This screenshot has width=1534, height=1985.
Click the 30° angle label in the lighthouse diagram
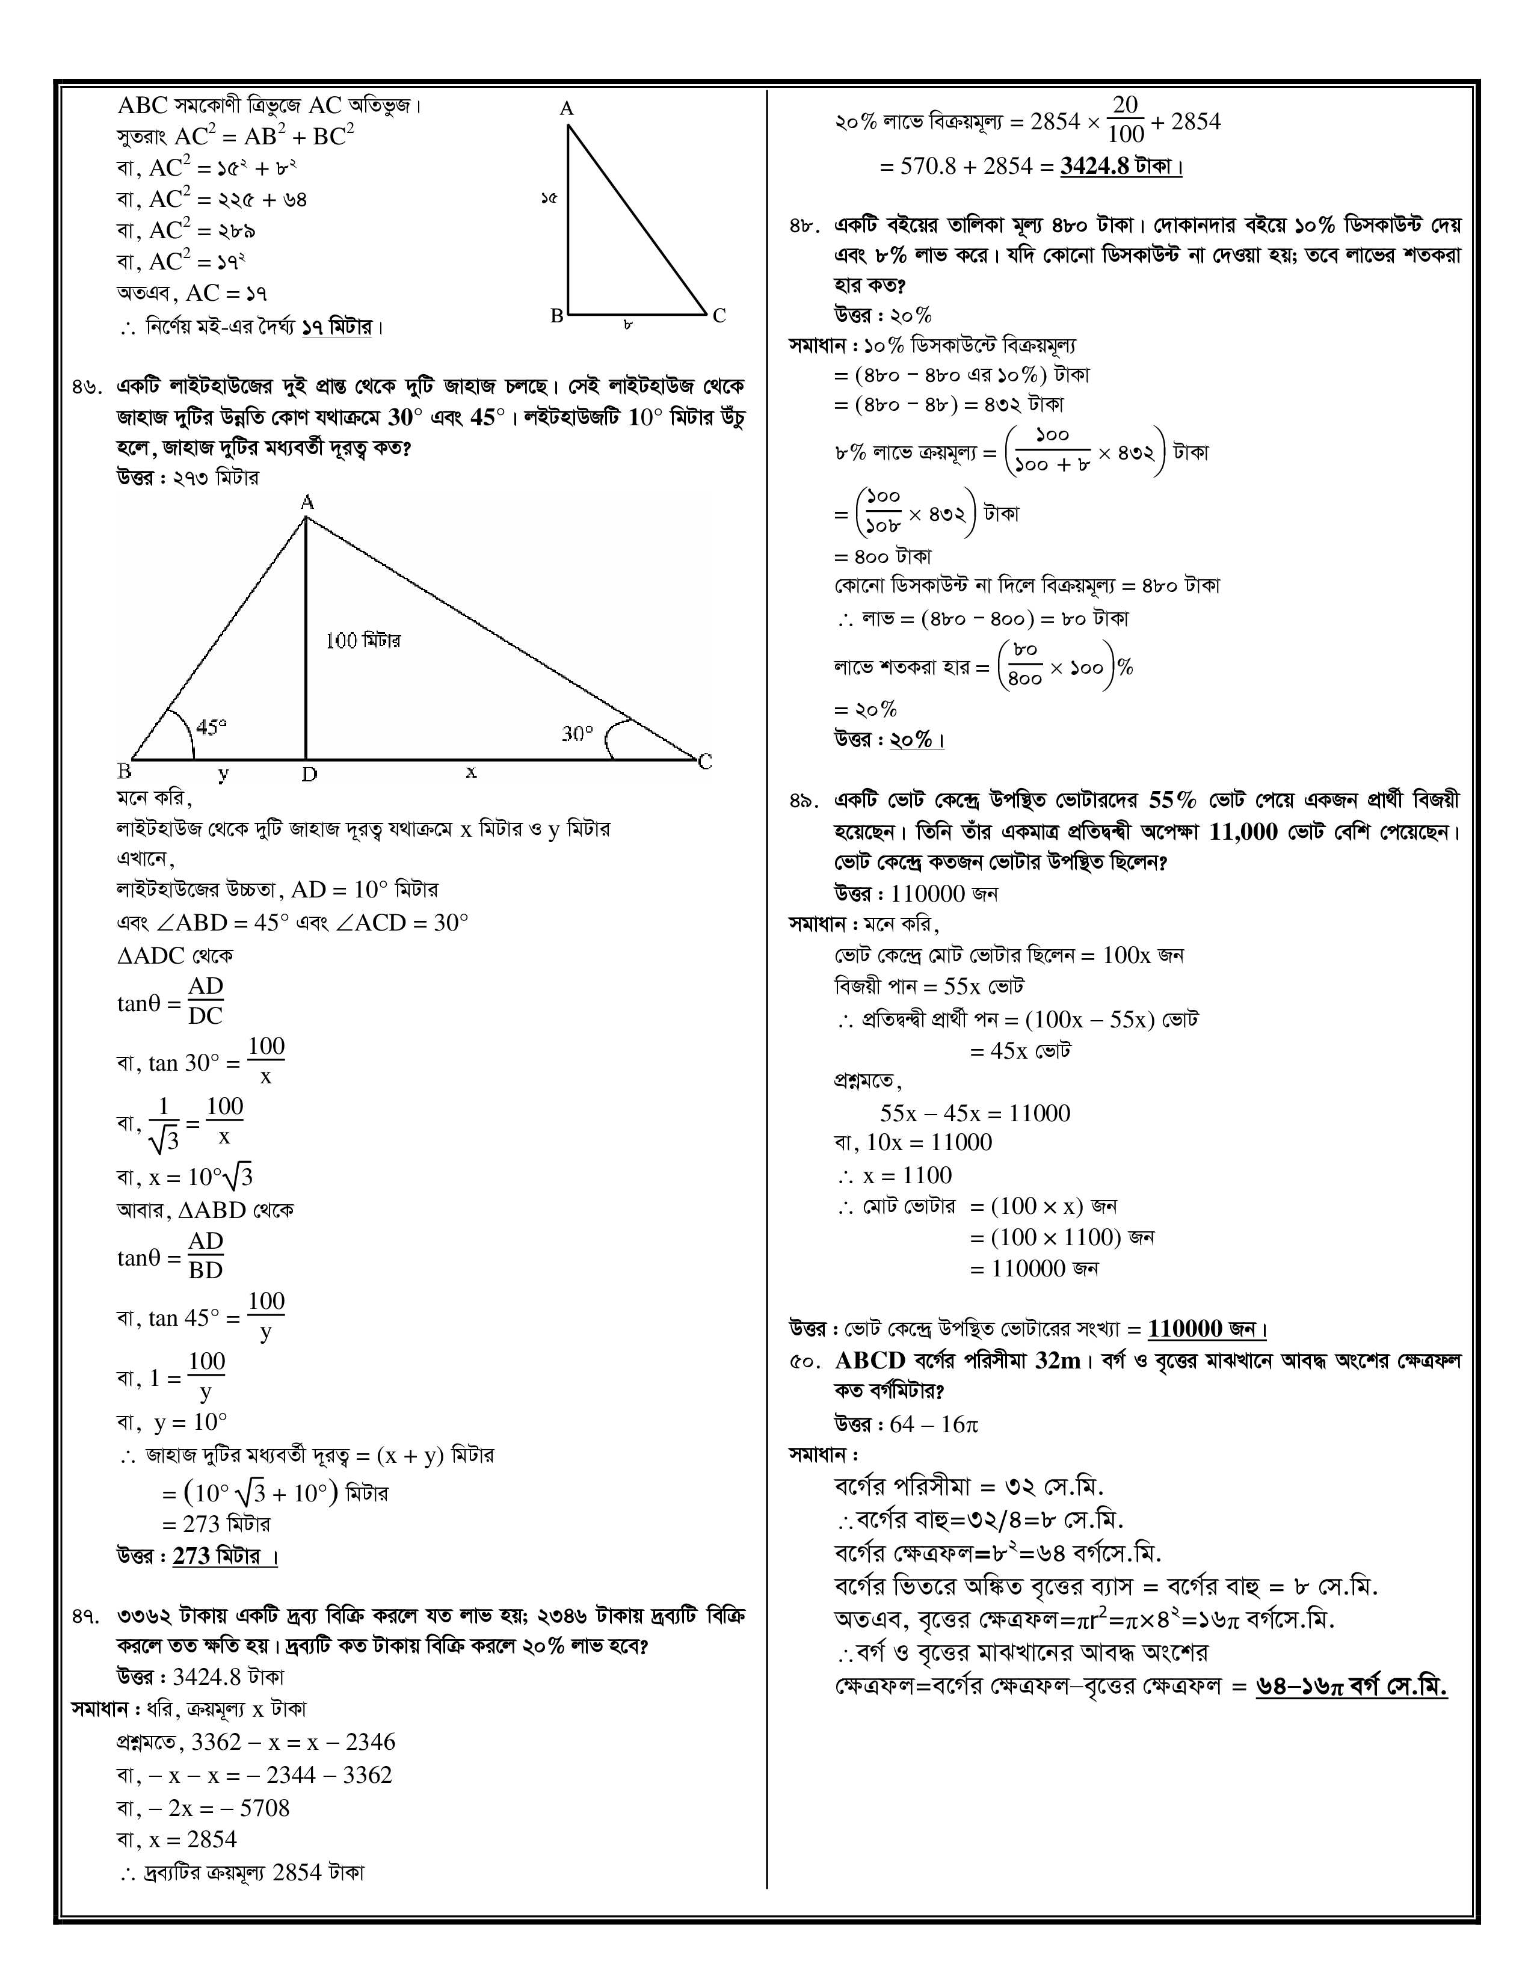(x=577, y=733)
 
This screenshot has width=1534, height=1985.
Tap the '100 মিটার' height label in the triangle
(x=363, y=641)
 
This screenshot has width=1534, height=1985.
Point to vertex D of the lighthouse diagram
(x=309, y=774)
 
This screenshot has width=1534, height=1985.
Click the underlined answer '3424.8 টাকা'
(x=1121, y=167)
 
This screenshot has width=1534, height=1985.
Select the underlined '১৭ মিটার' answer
(x=337, y=326)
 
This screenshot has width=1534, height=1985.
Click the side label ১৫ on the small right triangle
(x=548, y=197)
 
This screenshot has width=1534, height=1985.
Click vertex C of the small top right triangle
(x=719, y=316)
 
